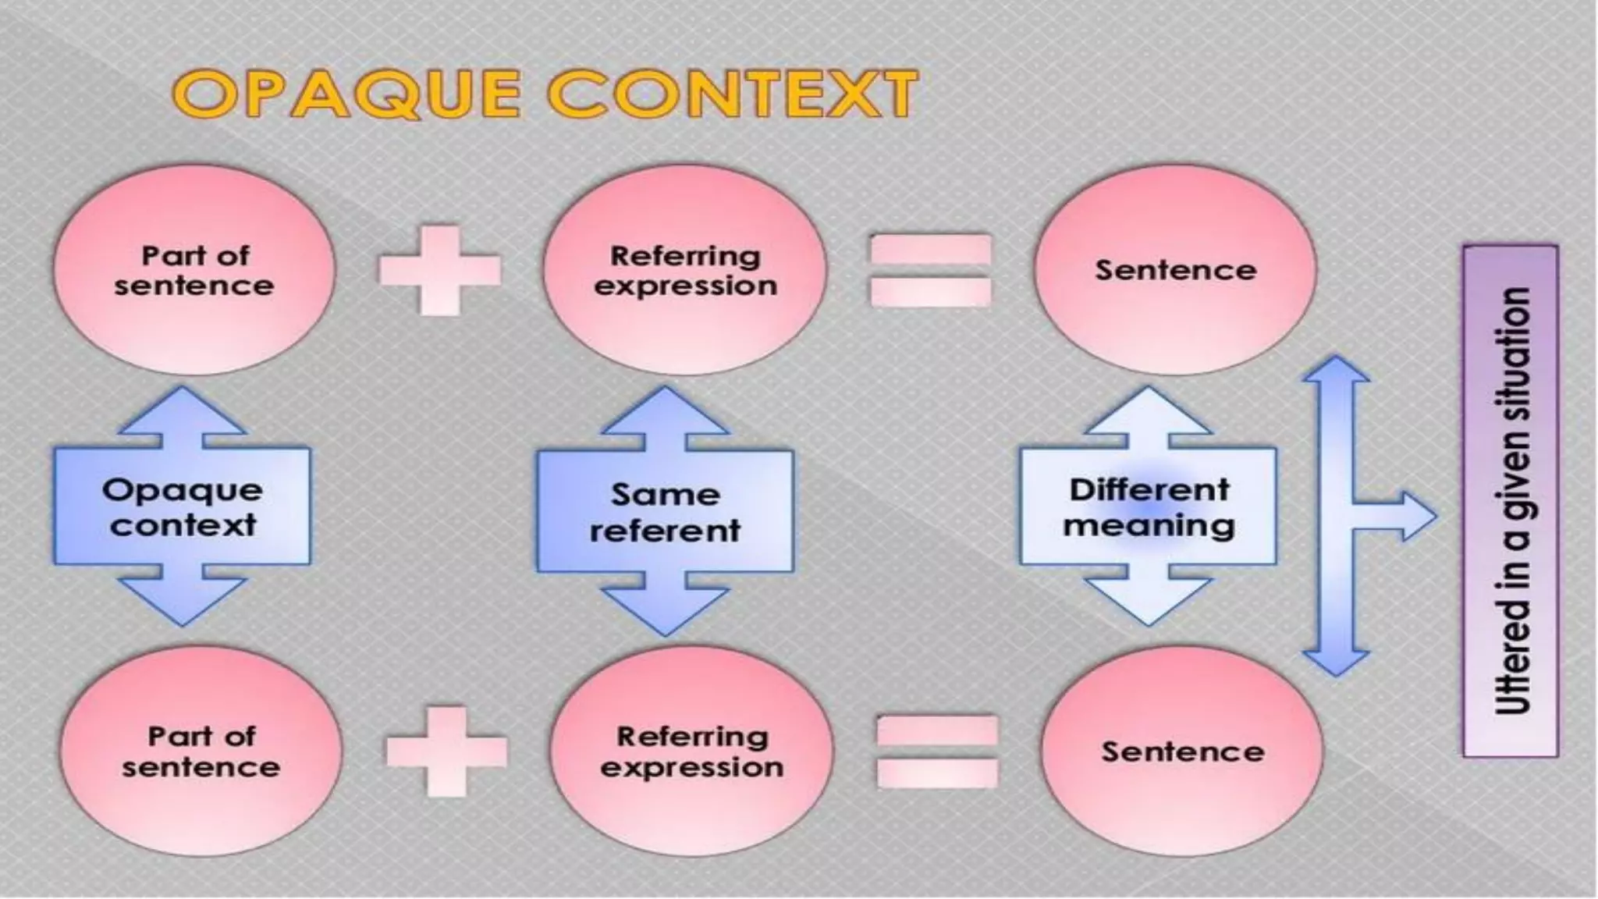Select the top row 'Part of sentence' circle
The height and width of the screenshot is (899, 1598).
point(194,270)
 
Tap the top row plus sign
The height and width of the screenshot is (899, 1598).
point(440,270)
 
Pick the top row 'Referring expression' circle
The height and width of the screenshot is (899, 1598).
point(684,270)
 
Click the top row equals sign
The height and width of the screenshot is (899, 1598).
point(930,270)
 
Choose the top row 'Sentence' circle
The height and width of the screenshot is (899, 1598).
point(1175,270)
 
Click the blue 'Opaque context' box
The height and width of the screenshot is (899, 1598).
point(183,507)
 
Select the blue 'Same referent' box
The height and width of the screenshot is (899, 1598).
point(665,512)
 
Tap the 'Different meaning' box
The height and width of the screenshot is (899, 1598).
point(1149,507)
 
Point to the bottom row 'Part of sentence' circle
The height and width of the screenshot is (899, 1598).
point(201,752)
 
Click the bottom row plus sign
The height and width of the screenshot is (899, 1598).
point(447,752)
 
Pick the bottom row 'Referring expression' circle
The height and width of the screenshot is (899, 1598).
point(691,752)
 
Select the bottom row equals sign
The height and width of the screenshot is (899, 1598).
point(937,752)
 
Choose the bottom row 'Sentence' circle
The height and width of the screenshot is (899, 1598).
point(1182,752)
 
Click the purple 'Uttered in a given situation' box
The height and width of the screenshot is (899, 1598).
point(1511,501)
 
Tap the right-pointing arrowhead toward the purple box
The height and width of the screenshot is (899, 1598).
point(1416,516)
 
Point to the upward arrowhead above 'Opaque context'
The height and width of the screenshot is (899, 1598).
point(183,411)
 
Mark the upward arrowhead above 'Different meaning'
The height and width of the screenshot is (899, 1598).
point(1149,411)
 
